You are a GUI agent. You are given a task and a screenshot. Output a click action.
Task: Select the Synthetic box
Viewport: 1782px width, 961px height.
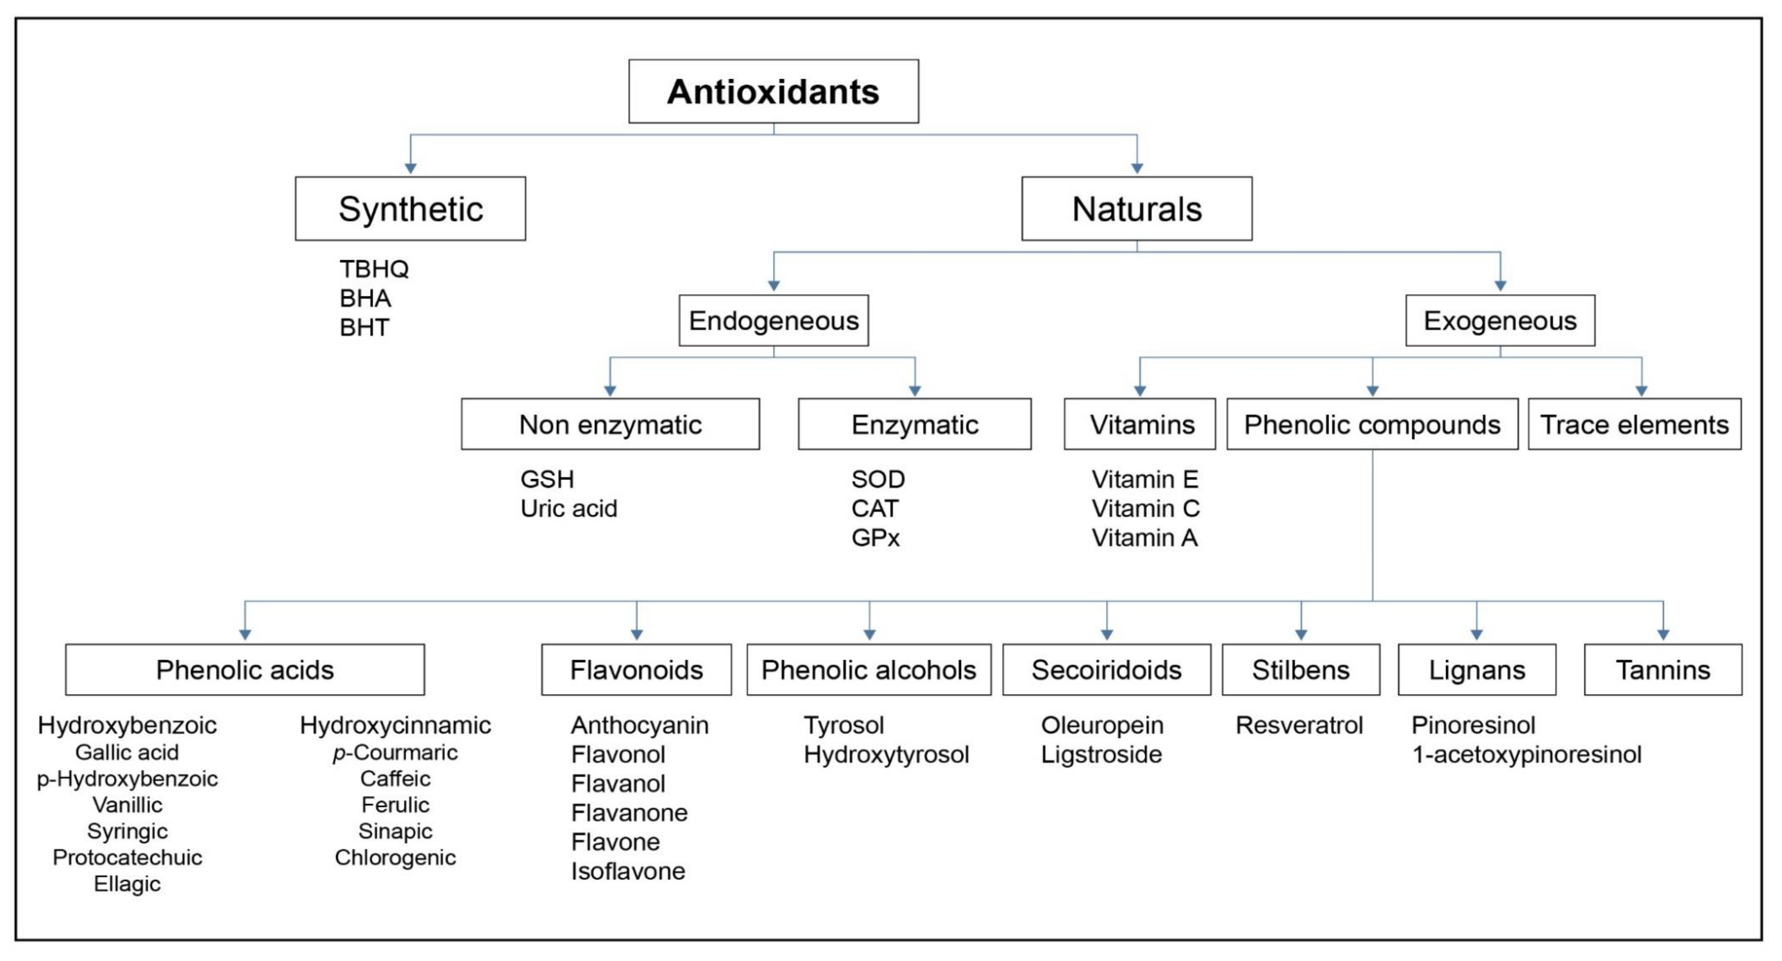(410, 209)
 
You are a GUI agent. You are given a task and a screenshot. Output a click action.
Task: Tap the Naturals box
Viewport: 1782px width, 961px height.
(1137, 209)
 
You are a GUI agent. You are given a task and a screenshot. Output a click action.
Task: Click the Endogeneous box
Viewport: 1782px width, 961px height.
(773, 321)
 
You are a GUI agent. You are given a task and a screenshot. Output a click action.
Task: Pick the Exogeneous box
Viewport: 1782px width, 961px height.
(1500, 321)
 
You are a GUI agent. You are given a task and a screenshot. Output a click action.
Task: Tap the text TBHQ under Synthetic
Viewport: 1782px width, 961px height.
(374, 269)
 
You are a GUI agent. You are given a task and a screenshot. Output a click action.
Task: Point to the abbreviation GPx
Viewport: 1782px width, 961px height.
(875, 538)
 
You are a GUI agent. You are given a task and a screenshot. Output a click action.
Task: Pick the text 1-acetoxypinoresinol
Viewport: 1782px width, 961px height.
(1526, 754)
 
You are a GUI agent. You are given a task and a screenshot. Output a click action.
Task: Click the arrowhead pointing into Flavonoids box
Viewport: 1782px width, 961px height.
(636, 634)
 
